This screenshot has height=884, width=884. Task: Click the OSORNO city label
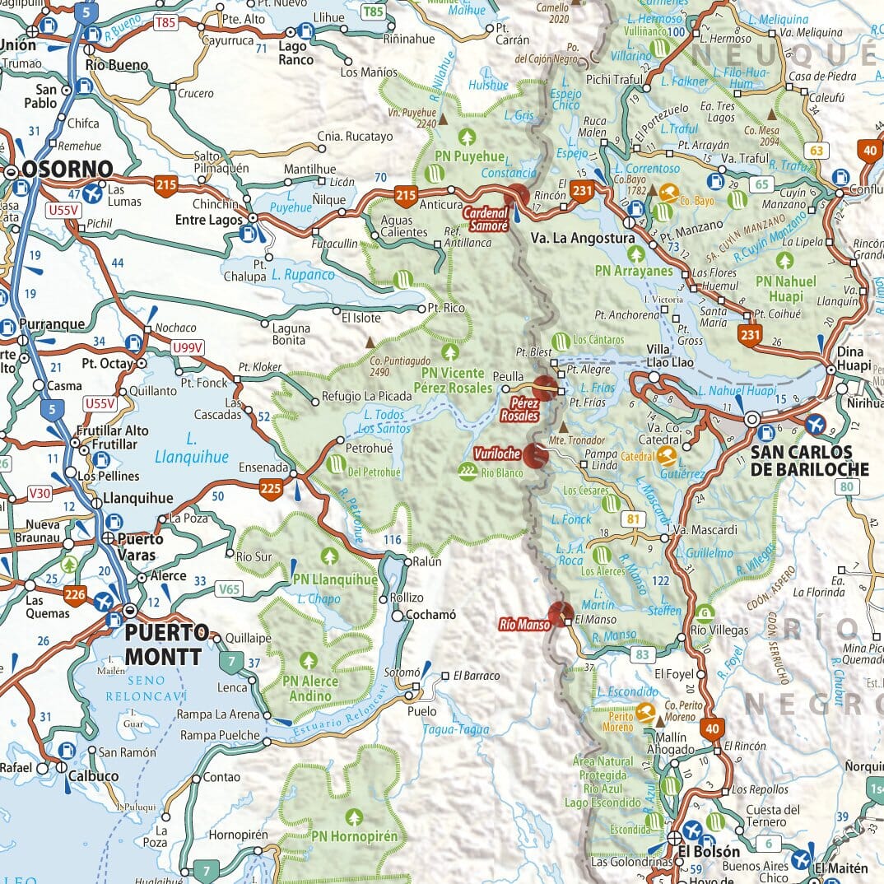tap(67, 170)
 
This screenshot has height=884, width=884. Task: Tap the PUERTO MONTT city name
tap(166, 644)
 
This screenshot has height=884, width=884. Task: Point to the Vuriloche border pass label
tap(496, 454)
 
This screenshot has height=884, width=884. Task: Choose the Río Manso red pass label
tap(523, 625)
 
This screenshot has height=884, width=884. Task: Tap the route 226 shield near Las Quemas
tap(76, 595)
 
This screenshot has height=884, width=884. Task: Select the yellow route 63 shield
tap(817, 150)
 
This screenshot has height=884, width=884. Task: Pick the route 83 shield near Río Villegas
tap(643, 655)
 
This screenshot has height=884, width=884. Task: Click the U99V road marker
tap(186, 348)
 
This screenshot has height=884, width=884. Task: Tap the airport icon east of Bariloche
tap(816, 424)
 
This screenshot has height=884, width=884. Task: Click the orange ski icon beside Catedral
tap(668, 455)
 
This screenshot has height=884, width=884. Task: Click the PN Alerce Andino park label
tap(309, 688)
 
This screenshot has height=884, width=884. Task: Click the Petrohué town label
tap(369, 449)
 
